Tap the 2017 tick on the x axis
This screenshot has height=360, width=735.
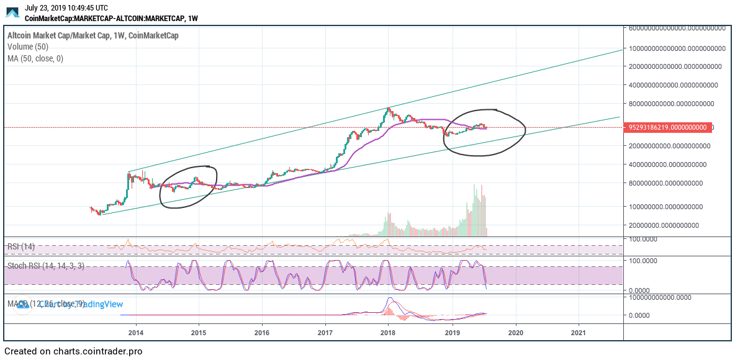pyautogui.click(x=325, y=332)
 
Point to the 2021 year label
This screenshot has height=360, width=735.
pyautogui.click(x=579, y=332)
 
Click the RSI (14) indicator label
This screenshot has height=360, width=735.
pyautogui.click(x=21, y=246)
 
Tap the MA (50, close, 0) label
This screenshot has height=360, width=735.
pyautogui.click(x=35, y=58)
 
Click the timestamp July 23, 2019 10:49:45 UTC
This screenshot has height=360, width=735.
pyautogui.click(x=66, y=8)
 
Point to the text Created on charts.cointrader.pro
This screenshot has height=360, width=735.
pyautogui.click(x=73, y=351)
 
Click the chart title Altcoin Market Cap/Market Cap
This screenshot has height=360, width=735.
pyautogui.click(x=59, y=35)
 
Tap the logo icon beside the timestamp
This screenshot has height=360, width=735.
pyautogui.click(x=12, y=12)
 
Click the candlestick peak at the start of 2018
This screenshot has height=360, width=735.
pyautogui.click(x=389, y=109)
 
